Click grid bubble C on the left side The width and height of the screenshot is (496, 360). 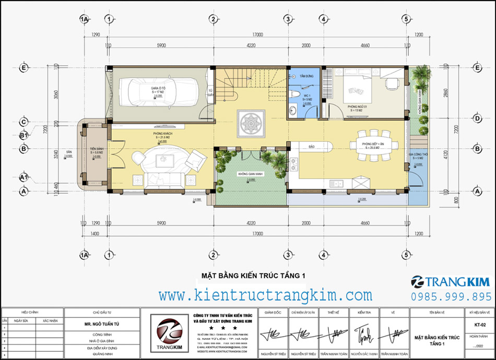(23, 123)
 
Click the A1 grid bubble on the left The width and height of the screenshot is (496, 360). (23, 177)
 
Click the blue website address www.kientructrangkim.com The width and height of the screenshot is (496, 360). (266, 296)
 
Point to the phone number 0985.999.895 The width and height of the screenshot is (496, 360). (451, 296)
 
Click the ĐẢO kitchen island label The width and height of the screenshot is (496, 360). (311, 147)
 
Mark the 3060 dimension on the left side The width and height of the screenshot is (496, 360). (55, 94)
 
